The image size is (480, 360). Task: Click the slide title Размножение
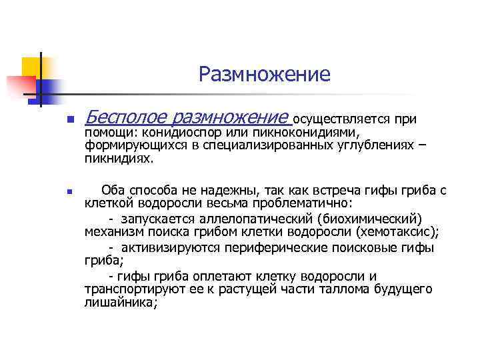(x=264, y=74)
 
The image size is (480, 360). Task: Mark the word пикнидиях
(x=119, y=159)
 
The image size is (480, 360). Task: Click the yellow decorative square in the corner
(x=31, y=67)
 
